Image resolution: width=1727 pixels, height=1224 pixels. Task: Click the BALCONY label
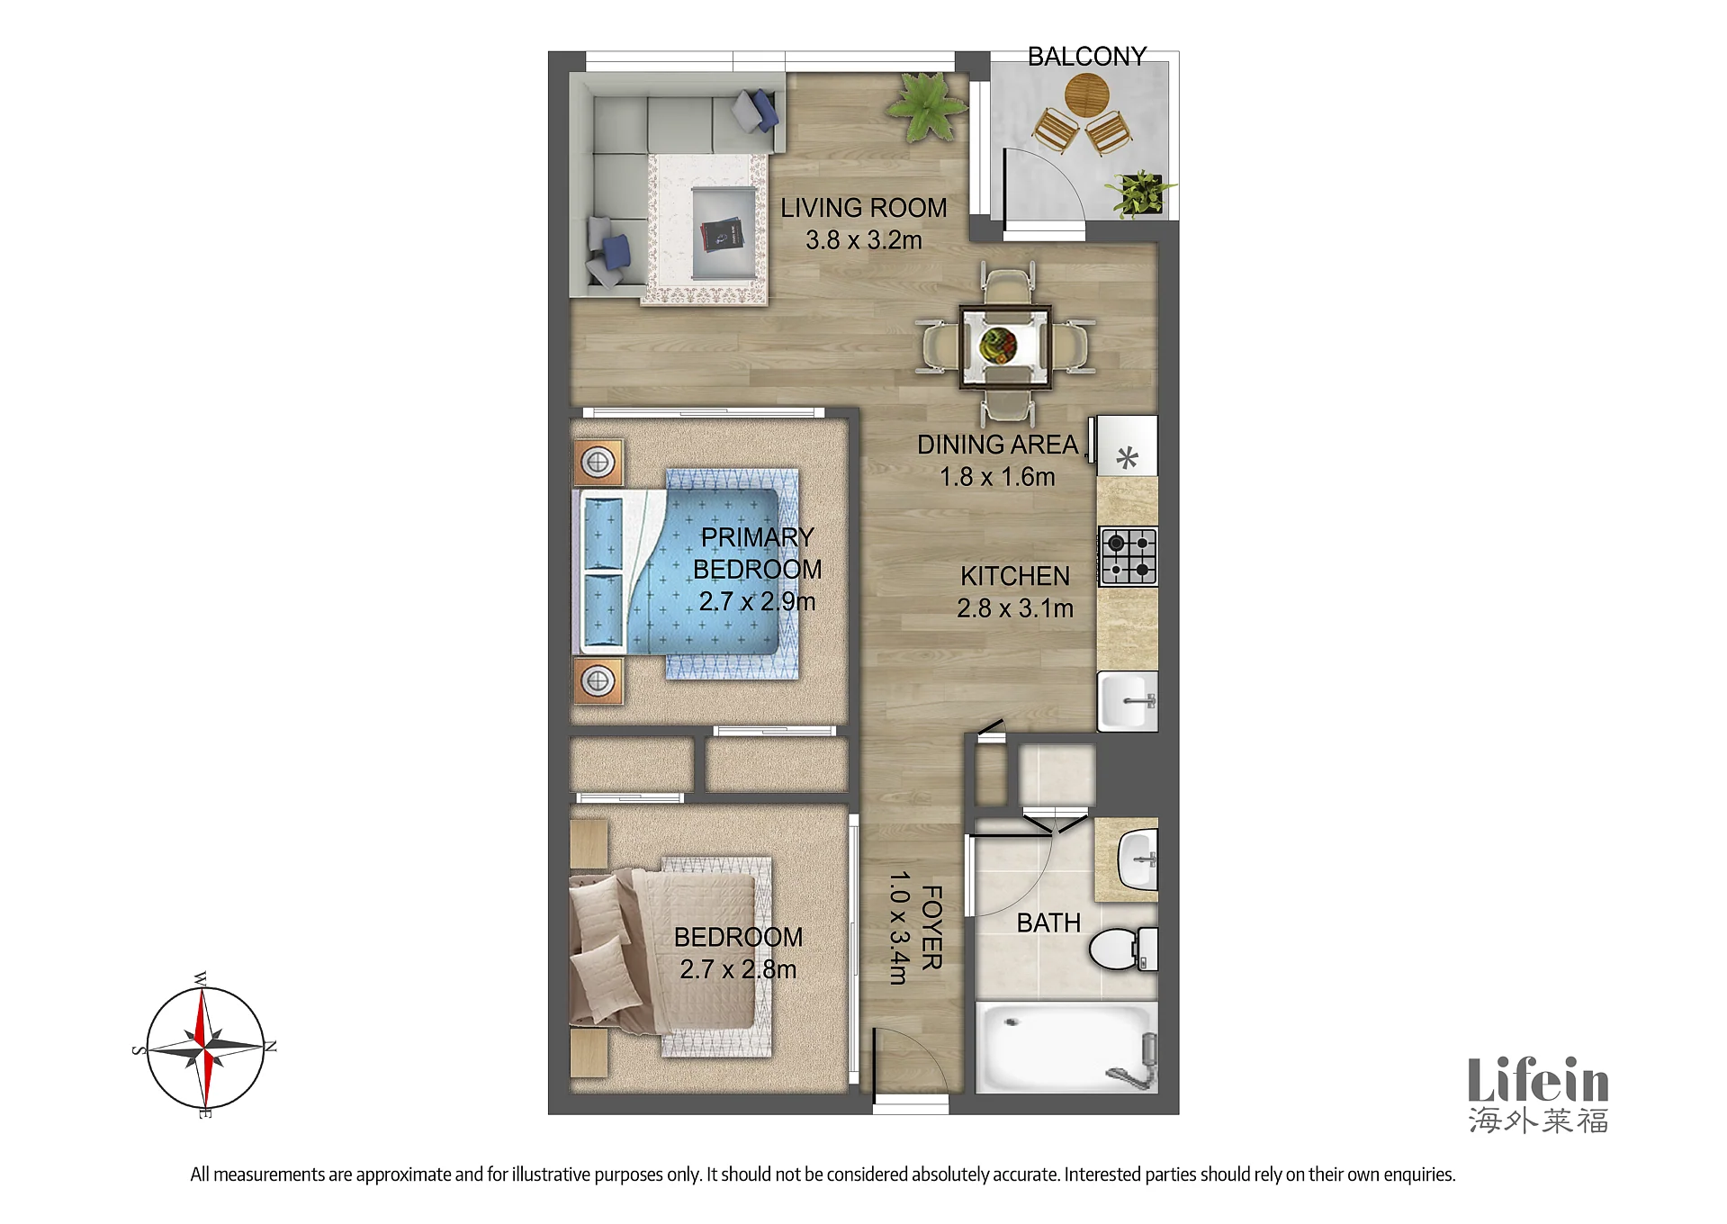[1086, 57]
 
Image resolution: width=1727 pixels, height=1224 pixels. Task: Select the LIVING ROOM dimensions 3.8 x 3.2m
[863, 240]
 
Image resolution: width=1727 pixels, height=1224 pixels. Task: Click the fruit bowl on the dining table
[998, 344]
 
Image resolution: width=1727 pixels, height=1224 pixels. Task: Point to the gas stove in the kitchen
[1128, 556]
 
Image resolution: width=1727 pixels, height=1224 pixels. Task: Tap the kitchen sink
[1128, 700]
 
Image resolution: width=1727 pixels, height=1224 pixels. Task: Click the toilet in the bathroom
[1123, 949]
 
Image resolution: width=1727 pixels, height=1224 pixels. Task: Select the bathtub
[1066, 1047]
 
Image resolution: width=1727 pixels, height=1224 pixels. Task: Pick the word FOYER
[932, 927]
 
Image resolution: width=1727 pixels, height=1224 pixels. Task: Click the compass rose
[205, 1048]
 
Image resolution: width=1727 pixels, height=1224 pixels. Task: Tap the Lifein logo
[1538, 1094]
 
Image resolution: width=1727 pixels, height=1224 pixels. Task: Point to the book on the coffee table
[722, 235]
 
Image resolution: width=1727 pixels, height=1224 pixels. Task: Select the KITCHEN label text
[1015, 576]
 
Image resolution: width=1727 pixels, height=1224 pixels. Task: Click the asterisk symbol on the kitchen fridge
[1127, 458]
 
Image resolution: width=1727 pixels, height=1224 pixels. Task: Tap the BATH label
[1048, 923]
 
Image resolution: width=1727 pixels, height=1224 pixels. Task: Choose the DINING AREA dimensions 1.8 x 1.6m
[997, 477]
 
